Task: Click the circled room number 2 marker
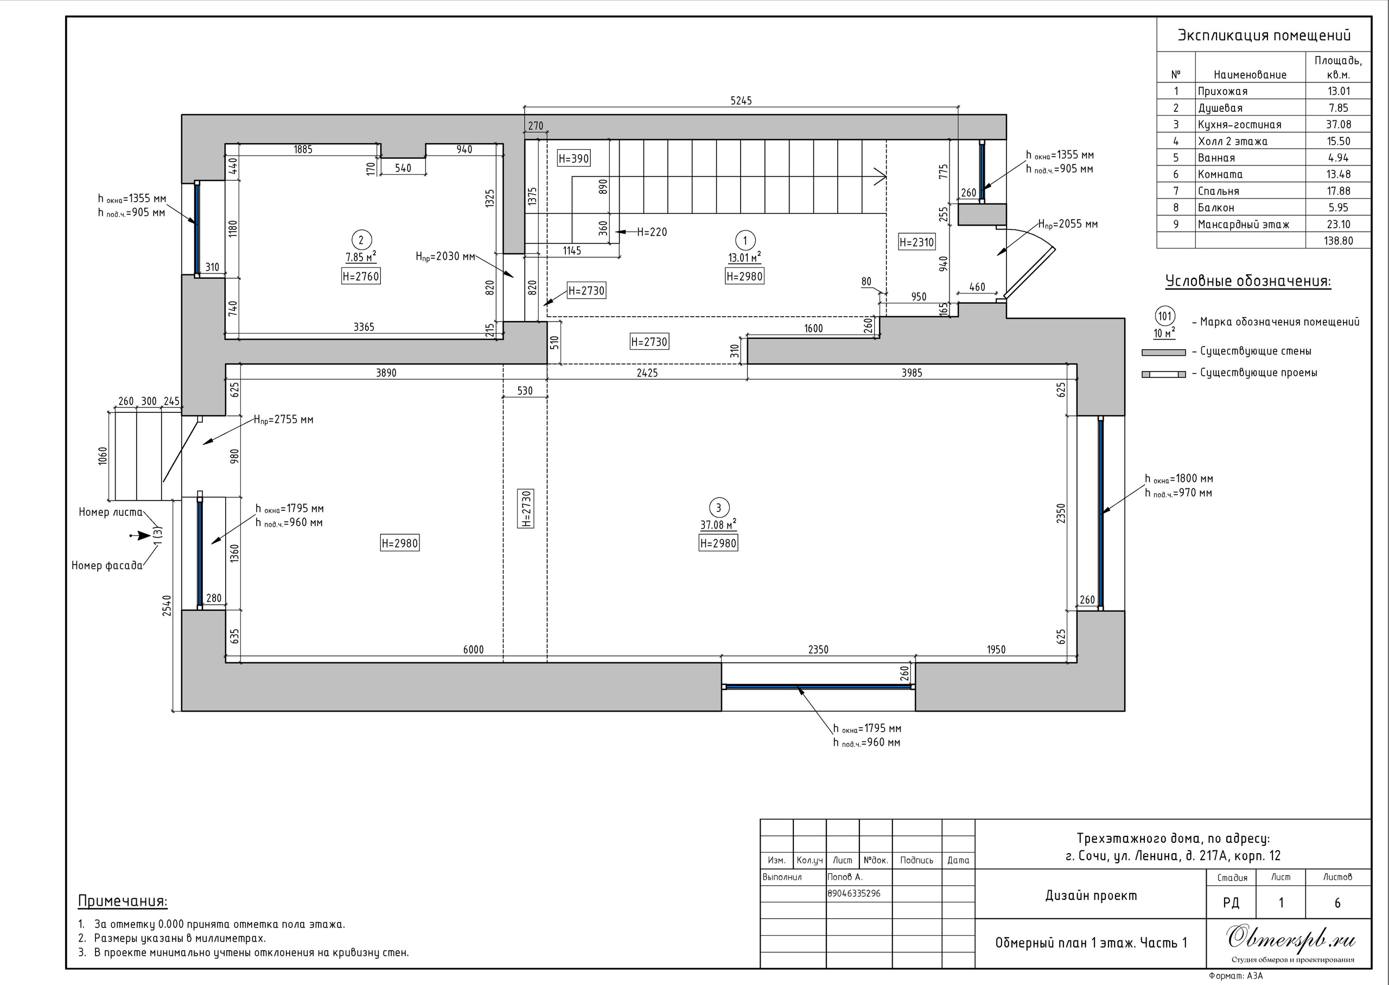coord(361,240)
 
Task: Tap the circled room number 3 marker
coord(718,508)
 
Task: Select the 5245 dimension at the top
coord(741,101)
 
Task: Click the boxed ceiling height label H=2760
coord(361,277)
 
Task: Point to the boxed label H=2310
coord(916,242)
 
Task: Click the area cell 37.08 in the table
coord(1339,124)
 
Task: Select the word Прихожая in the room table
coord(1223,92)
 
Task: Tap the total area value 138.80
coord(1339,241)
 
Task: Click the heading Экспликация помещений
coord(1264,35)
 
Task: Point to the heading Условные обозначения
coord(1248,282)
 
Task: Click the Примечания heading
coord(123,901)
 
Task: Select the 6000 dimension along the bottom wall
coord(474,650)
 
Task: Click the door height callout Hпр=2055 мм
coord(1068,225)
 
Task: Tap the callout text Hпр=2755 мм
coord(283,420)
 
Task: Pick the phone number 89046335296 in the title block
coord(854,893)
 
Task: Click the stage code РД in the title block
coord(1231,903)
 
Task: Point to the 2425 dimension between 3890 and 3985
coord(647,373)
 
